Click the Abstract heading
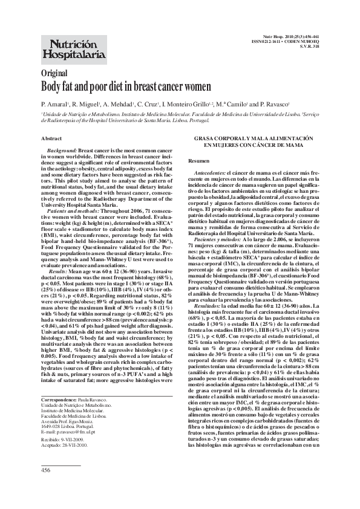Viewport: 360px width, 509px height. (51, 155)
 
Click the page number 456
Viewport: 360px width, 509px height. (46, 469)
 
